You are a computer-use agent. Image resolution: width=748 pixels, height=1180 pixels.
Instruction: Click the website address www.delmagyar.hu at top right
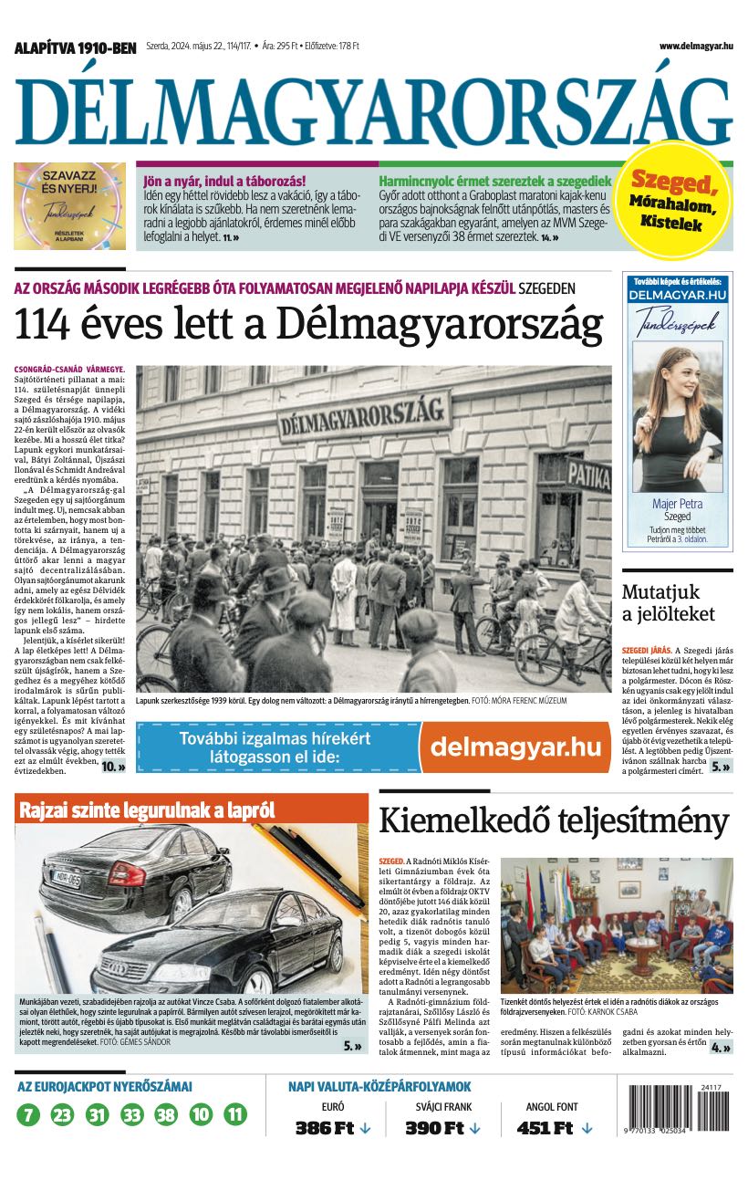tap(696, 46)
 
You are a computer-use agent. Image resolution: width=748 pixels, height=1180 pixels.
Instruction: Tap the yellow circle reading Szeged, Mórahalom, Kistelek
tap(676, 199)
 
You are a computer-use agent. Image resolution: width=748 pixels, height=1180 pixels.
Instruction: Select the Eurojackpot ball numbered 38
tap(166, 1114)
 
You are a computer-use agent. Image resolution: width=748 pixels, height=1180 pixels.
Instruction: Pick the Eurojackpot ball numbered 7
tap(28, 1114)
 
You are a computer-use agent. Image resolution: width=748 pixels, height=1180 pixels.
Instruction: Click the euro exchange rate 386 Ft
tap(324, 1128)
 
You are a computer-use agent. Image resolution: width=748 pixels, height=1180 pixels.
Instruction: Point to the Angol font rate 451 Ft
tap(545, 1128)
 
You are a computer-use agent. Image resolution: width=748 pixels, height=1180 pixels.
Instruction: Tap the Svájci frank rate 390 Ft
tap(434, 1128)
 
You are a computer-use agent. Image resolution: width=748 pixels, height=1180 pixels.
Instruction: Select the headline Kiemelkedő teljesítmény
tap(554, 820)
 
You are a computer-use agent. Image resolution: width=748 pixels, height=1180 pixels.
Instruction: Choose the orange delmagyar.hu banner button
tap(515, 747)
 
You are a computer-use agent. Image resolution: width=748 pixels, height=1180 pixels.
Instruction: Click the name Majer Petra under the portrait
tap(677, 503)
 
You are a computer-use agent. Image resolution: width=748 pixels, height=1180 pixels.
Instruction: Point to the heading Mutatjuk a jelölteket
tap(680, 602)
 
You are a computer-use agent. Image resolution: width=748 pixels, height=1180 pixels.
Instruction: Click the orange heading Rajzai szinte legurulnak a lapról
tap(146, 809)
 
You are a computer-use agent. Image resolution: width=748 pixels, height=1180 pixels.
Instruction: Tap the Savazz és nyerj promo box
tap(69, 206)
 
